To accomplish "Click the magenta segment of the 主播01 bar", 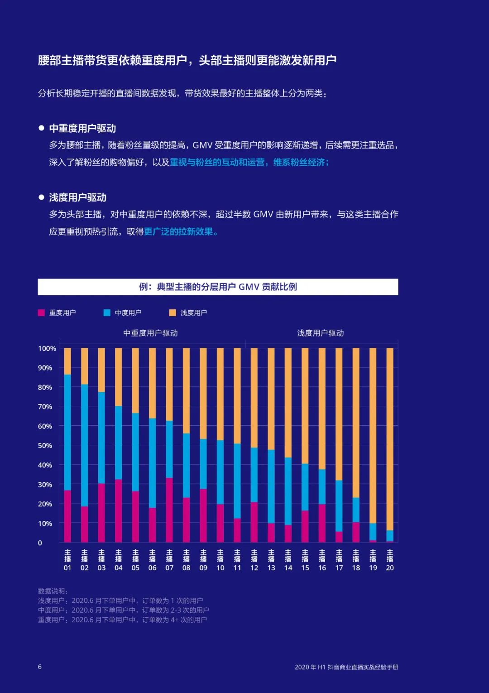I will coord(67,516).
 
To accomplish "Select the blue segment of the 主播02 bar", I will coord(84,445).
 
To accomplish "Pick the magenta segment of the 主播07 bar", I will coord(169,510).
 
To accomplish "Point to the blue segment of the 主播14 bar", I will coord(288,491).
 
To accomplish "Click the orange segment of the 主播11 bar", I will coord(237,395).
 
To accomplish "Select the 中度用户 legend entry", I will coord(123,313).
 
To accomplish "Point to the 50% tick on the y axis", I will coord(45,445).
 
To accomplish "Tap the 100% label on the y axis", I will coord(47,348).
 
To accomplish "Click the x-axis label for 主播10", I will coord(220,560).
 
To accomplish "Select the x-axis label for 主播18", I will coord(356,560).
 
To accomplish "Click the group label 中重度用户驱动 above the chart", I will coord(150,333).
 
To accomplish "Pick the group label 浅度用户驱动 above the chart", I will coord(321,333).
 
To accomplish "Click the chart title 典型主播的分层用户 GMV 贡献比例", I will coord(218,287).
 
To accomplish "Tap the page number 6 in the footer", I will coord(40,667).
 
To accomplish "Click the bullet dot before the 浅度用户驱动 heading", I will coord(41,197).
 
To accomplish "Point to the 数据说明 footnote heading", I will coord(53,591).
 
